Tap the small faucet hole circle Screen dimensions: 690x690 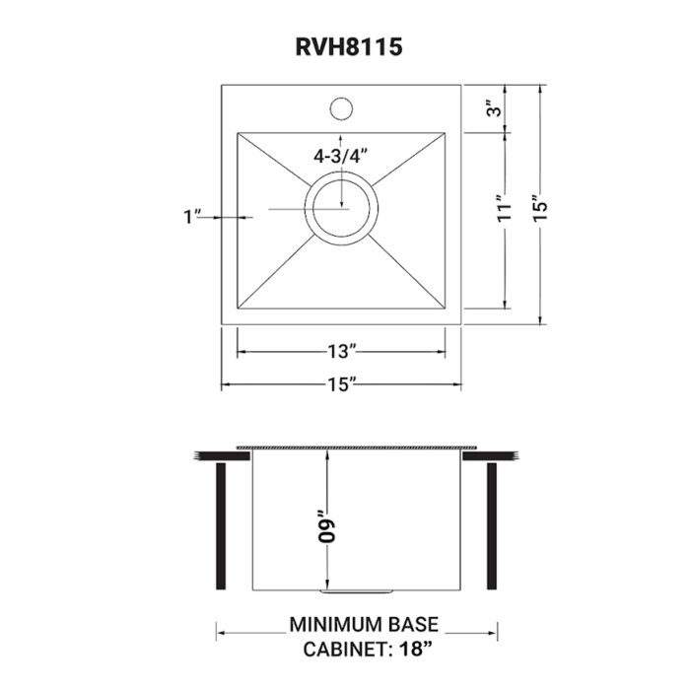tap(341, 104)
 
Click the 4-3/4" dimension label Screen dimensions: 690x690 tap(341, 156)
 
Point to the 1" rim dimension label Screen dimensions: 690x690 tap(192, 216)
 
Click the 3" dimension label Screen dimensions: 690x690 tap(504, 109)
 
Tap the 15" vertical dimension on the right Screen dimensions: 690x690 tap(540, 208)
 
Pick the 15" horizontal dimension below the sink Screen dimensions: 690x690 tap(341, 384)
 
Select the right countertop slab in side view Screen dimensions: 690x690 tap(491, 455)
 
